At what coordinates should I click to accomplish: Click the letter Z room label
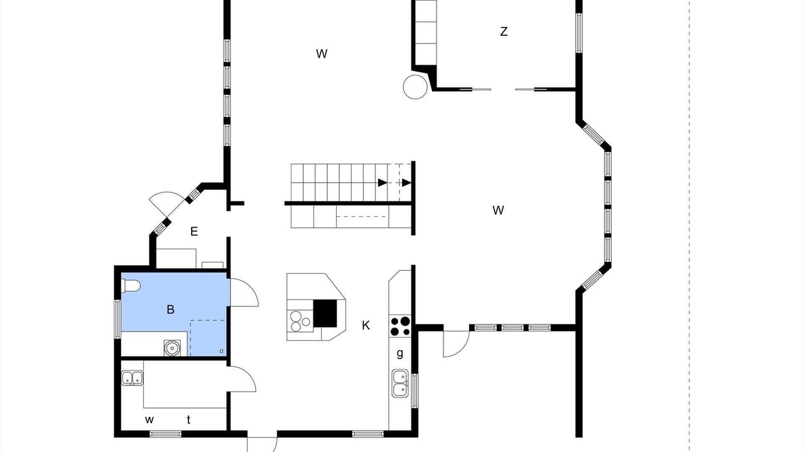click(504, 31)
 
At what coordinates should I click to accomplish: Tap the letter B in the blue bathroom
click(170, 309)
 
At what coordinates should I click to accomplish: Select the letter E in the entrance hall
click(194, 232)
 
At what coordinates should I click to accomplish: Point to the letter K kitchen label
click(366, 325)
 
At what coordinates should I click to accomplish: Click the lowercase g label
click(400, 353)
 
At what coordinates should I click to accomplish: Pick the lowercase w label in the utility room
click(149, 419)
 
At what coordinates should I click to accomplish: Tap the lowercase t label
click(188, 419)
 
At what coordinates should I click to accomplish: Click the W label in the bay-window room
click(498, 210)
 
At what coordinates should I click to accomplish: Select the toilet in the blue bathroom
click(131, 286)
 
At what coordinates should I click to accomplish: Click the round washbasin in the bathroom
click(172, 348)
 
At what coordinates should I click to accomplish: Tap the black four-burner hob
click(400, 326)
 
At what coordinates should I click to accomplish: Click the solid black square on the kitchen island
click(325, 313)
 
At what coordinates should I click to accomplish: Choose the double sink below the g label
click(400, 383)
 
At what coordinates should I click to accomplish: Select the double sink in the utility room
click(132, 378)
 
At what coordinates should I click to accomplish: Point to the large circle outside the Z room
click(416, 87)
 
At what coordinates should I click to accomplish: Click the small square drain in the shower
click(222, 351)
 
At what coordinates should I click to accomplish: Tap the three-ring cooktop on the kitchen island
click(300, 321)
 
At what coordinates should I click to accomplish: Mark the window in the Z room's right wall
click(579, 33)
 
